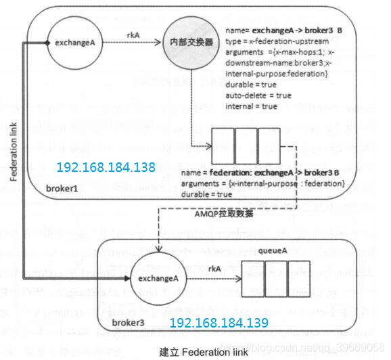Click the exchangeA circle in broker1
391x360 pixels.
[x=74, y=43]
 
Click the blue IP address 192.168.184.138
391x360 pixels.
[x=106, y=167]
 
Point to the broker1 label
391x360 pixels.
[x=63, y=186]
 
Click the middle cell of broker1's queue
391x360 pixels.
[x=246, y=143]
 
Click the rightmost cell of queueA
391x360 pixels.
[x=298, y=278]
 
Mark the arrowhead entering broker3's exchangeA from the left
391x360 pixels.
[x=128, y=277]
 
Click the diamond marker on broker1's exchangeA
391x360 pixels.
[x=47, y=43]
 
